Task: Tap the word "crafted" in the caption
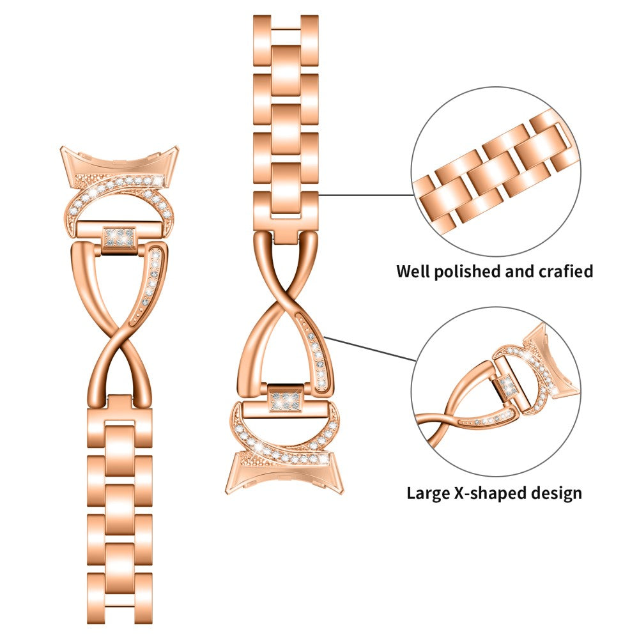[562, 271]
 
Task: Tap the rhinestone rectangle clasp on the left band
[120, 237]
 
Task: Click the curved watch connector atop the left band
[121, 160]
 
